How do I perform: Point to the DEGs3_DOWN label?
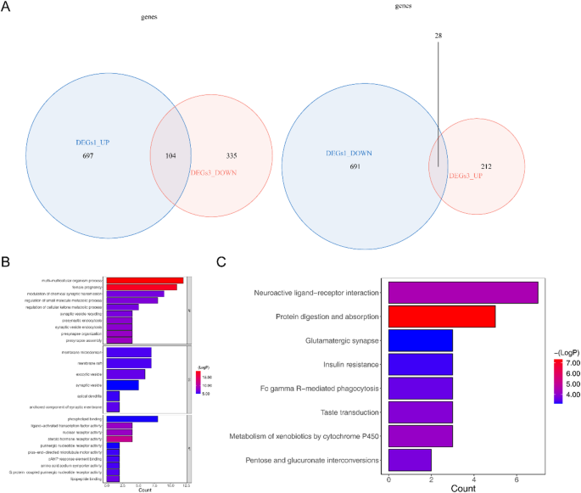214,173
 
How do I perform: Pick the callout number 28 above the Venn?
439,36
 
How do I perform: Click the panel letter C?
222,261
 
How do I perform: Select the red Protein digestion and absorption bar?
441,317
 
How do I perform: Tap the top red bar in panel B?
145,280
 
